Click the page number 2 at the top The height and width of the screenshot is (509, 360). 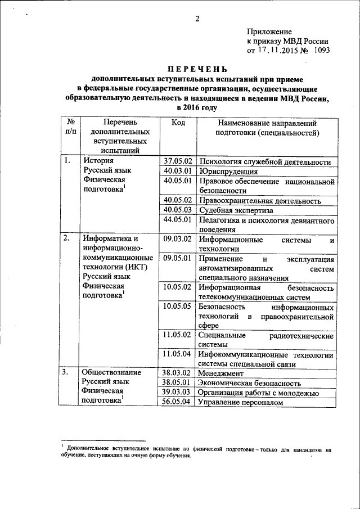coord(197,19)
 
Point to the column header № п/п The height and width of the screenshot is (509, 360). coord(70,128)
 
